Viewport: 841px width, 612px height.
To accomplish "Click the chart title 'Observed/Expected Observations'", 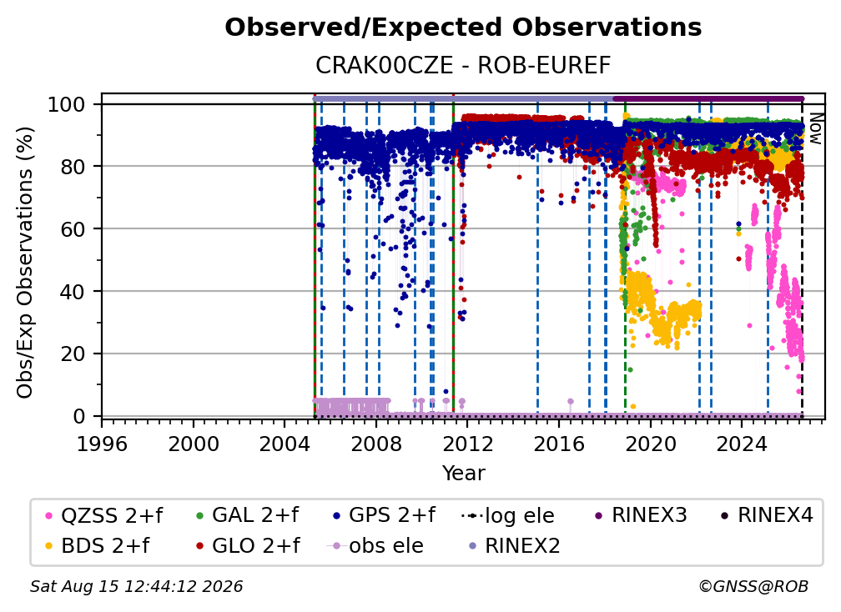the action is pyautogui.click(x=463, y=28).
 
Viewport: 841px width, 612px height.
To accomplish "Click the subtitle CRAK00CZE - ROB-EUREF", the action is pyautogui.click(x=463, y=66).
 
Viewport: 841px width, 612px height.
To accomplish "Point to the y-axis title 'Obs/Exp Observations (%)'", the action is pyautogui.click(x=25, y=263).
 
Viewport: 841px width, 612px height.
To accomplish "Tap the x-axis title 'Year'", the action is pyautogui.click(x=463, y=474).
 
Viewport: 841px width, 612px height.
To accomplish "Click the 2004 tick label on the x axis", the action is pyautogui.click(x=285, y=444).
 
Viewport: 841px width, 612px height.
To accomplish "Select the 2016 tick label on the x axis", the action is pyautogui.click(x=559, y=444).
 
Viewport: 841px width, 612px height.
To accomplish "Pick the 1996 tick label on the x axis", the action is pyautogui.click(x=102, y=444).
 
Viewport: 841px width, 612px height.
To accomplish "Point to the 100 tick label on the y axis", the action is pyautogui.click(x=67, y=104).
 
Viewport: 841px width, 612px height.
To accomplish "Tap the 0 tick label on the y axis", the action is pyautogui.click(x=79, y=416).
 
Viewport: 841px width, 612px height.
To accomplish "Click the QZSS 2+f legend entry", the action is pyautogui.click(x=104, y=515).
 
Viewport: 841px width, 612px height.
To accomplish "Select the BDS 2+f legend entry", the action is pyautogui.click(x=97, y=545).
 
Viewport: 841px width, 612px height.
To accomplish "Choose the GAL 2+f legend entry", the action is pyautogui.click(x=247, y=515).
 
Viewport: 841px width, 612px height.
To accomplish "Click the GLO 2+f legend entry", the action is pyautogui.click(x=248, y=545).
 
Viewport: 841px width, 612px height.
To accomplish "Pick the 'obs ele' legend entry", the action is pyautogui.click(x=375, y=545).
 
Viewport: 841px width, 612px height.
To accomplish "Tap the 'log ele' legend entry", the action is pyautogui.click(x=507, y=515).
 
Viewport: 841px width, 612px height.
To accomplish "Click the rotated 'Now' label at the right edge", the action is pyautogui.click(x=815, y=128).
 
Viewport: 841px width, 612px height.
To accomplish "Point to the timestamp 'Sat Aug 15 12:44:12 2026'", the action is pyautogui.click(x=136, y=586).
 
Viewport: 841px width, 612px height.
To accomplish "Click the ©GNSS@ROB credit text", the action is pyautogui.click(x=753, y=586).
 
